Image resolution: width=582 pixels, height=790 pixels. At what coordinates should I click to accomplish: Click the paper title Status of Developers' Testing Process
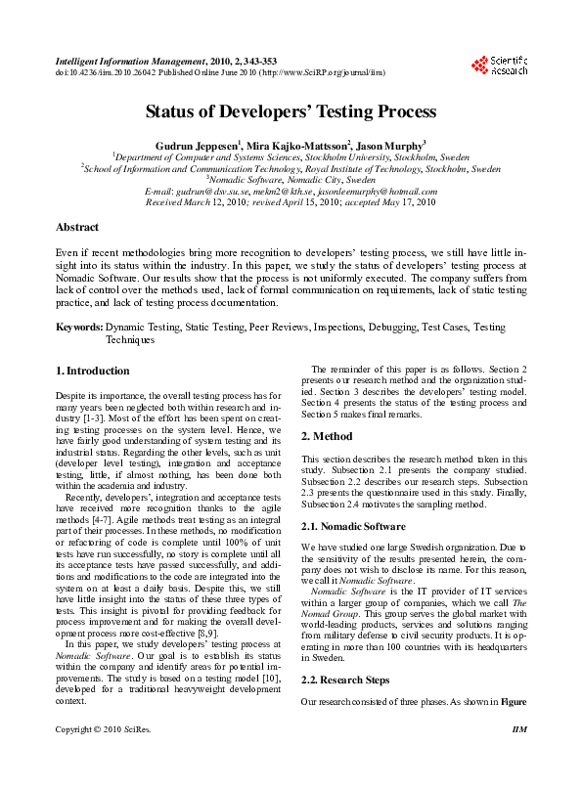pos(291,111)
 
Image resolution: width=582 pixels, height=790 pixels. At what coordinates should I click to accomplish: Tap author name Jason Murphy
pos(389,144)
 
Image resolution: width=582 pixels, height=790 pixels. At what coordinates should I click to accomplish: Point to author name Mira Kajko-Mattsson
pos(297,144)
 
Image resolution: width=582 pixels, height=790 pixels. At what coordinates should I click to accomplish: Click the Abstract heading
pos(77,227)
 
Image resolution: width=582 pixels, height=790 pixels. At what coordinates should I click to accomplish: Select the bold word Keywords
pos(78,328)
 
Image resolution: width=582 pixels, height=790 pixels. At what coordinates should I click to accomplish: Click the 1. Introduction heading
pos(93,372)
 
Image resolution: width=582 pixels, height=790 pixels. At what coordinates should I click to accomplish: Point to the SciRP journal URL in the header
pos(319,72)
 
